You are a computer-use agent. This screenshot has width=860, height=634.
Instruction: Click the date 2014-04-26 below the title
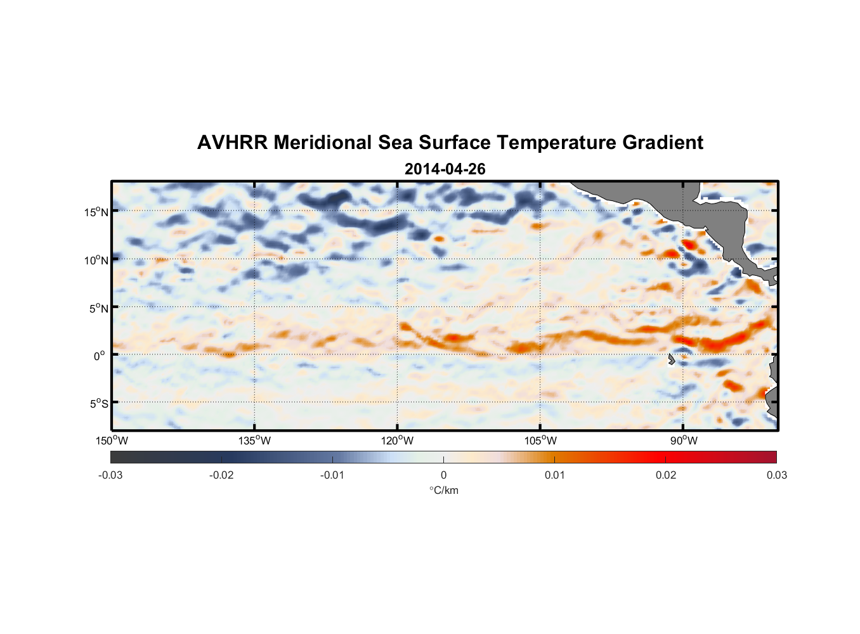pos(445,169)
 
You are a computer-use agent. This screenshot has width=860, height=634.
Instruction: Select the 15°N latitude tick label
pos(96,212)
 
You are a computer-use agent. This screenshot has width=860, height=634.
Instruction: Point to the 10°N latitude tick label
pos(96,260)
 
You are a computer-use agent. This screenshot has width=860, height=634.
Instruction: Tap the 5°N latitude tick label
pos(98,308)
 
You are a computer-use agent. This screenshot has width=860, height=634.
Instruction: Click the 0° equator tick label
pos(100,356)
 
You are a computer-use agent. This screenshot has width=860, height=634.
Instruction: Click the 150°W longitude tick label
pos(112,441)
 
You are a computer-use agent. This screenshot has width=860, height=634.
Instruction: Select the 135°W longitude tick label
pos(254,441)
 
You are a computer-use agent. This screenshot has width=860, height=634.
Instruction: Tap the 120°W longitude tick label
pos(397,441)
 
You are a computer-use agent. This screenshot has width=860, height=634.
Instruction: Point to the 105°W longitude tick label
pos(540,441)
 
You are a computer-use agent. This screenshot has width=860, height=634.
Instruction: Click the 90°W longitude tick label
pos(684,441)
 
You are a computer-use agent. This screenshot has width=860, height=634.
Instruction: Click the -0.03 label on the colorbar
pos(110,475)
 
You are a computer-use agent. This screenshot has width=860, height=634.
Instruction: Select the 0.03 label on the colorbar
pos(776,475)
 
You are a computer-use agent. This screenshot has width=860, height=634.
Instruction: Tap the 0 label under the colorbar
pos(443,475)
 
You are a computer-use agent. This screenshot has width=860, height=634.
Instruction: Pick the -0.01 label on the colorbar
pos(332,475)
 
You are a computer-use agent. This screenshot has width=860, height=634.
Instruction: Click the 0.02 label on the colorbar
pos(665,475)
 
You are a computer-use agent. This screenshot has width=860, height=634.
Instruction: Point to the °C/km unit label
pos(443,490)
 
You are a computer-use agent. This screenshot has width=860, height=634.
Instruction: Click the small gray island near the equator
pos(671,359)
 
